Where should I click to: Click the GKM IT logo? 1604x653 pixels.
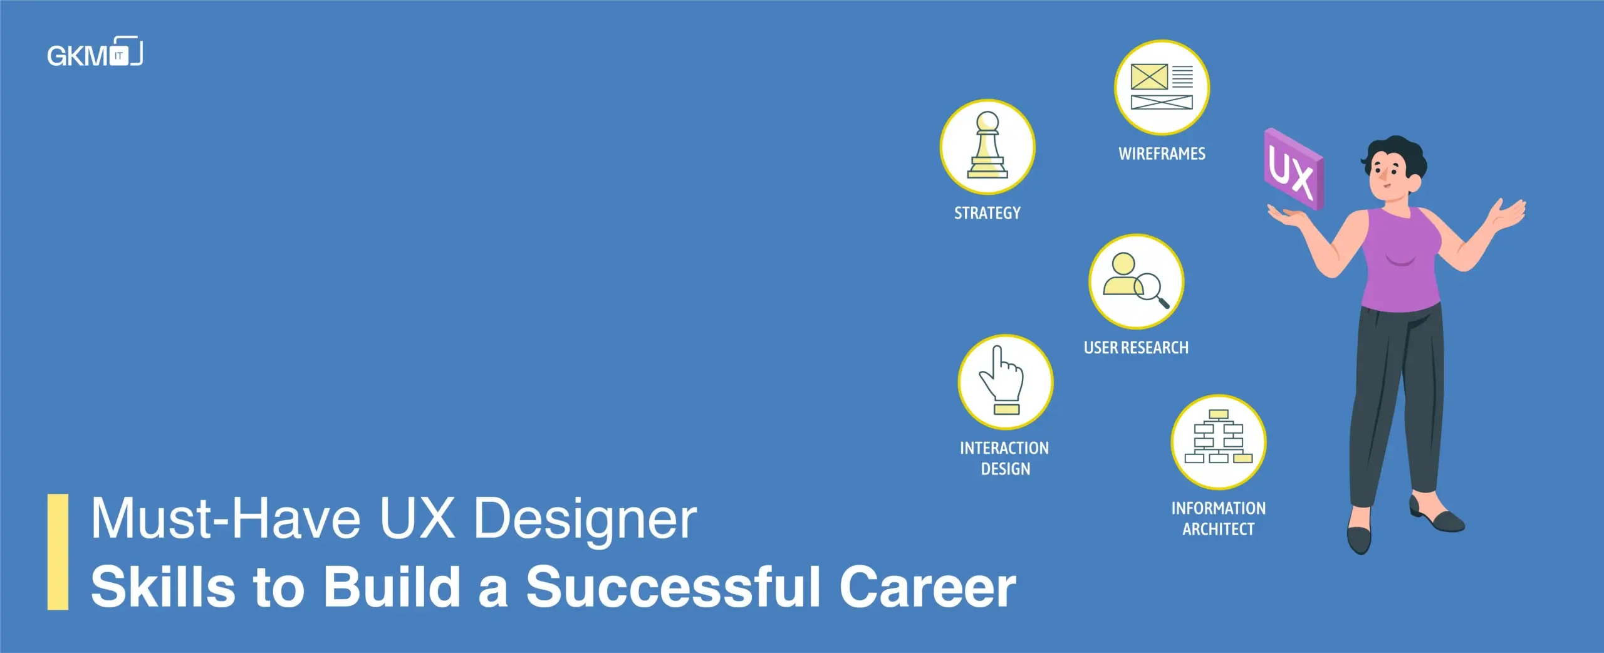tap(95, 53)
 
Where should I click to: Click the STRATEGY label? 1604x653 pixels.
tap(987, 213)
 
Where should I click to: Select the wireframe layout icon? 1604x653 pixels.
tap(1162, 87)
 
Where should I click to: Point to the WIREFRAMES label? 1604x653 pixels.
tap(1162, 154)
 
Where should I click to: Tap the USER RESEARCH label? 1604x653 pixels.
tap(1136, 348)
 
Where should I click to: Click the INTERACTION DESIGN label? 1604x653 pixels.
tap(1004, 458)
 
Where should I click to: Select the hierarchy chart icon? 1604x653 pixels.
tap(1219, 437)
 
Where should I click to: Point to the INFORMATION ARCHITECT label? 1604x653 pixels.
tap(1219, 518)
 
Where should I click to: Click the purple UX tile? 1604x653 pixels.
tap(1293, 169)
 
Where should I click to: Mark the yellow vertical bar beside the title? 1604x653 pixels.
tap(58, 551)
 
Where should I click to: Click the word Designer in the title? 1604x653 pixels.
tap(585, 519)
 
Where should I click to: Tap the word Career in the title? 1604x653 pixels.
tap(927, 587)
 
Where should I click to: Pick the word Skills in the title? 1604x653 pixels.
tap(163, 587)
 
